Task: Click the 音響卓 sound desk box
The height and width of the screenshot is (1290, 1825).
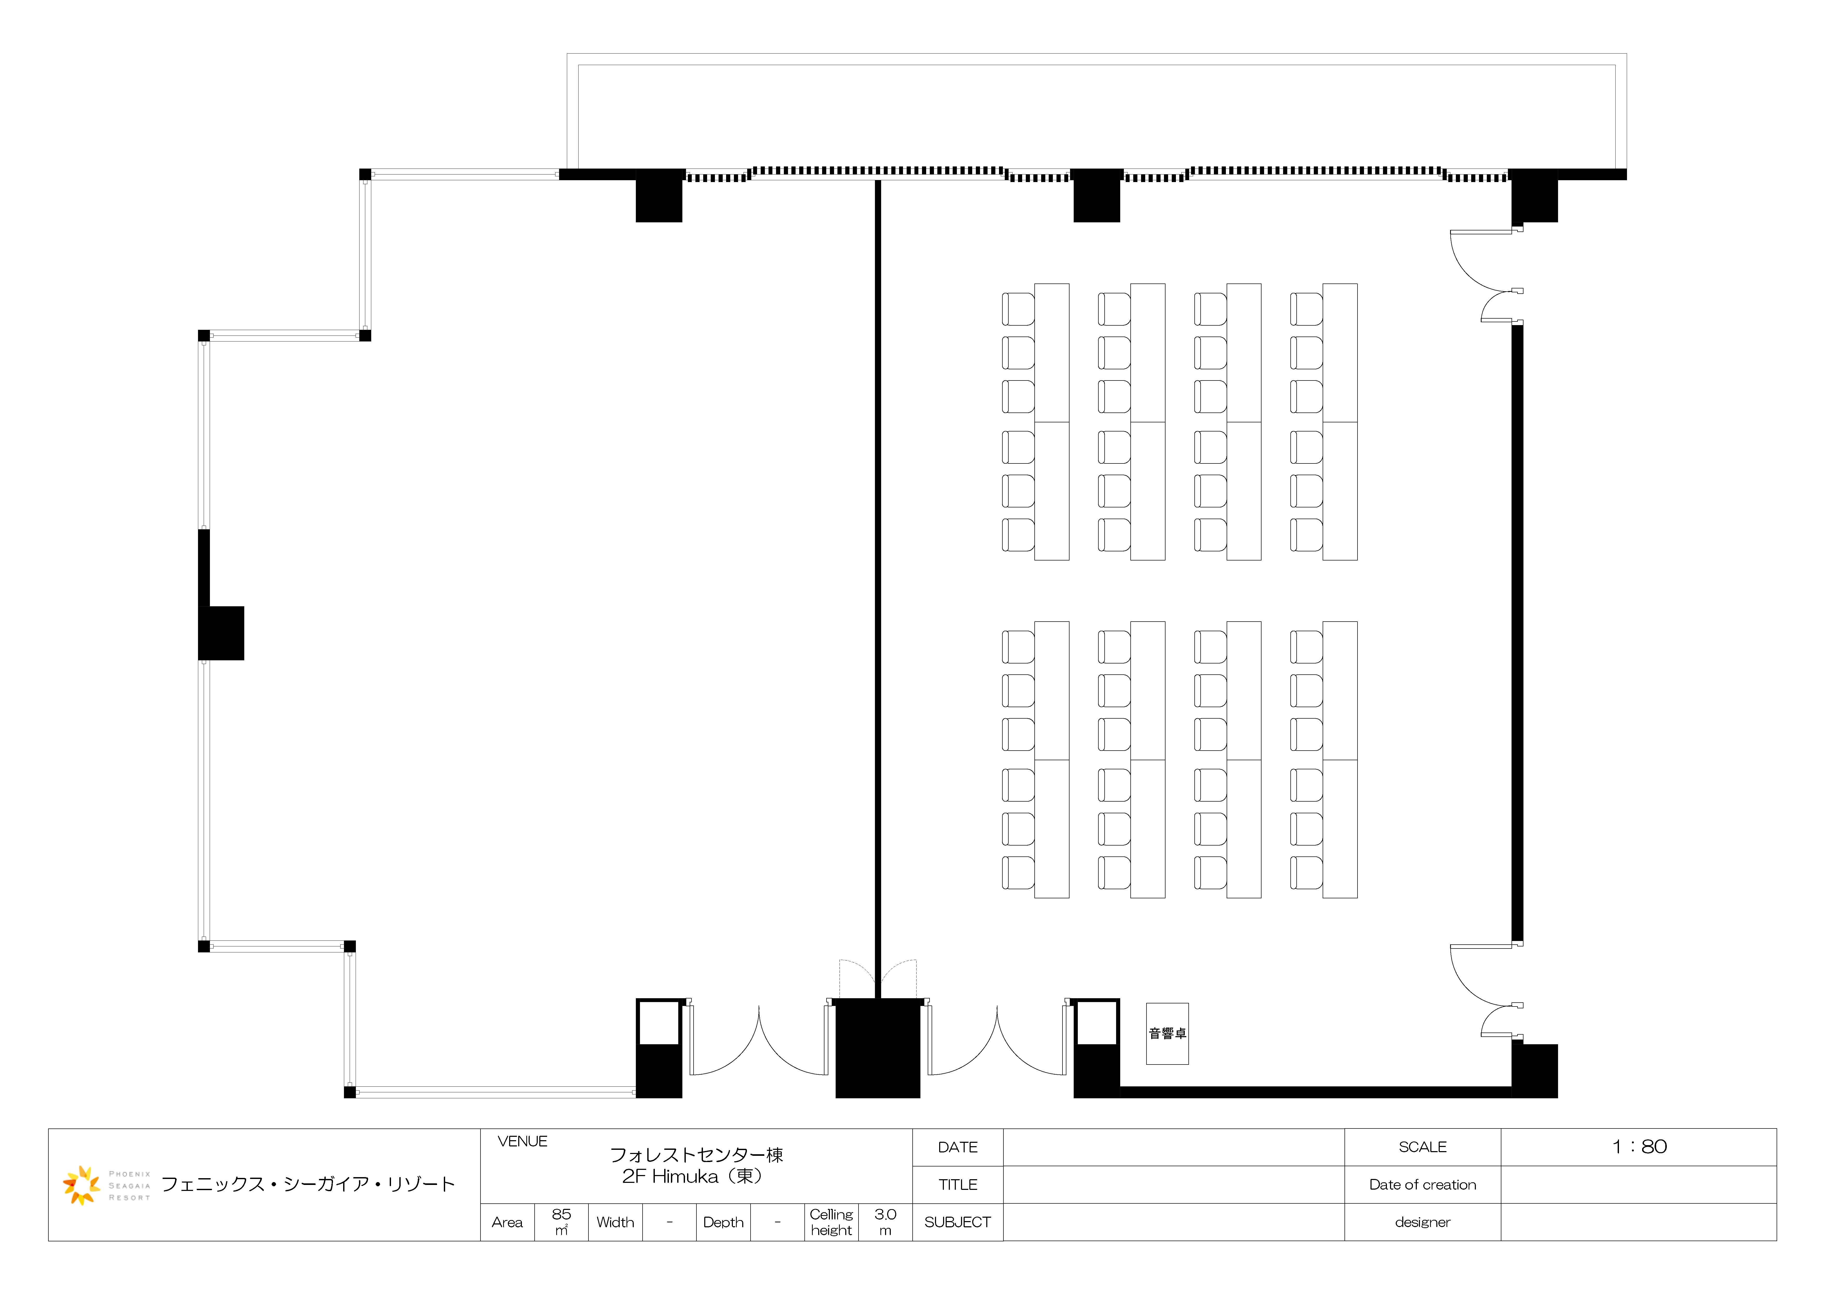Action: [1167, 1033]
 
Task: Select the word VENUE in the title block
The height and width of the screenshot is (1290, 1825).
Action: [522, 1141]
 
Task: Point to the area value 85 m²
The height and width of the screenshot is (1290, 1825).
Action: [561, 1222]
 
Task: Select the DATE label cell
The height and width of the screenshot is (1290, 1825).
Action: [958, 1147]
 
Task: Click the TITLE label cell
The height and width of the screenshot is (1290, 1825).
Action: [958, 1184]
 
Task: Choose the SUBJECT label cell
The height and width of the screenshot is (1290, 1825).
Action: [958, 1222]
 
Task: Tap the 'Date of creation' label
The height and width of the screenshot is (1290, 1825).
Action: [1423, 1184]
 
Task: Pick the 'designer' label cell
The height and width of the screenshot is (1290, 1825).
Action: [1423, 1222]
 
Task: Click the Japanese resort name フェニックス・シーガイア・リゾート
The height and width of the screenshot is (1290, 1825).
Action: [308, 1184]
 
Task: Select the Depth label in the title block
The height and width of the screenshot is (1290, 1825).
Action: [723, 1222]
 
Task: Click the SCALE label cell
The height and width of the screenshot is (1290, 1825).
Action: [1423, 1147]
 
